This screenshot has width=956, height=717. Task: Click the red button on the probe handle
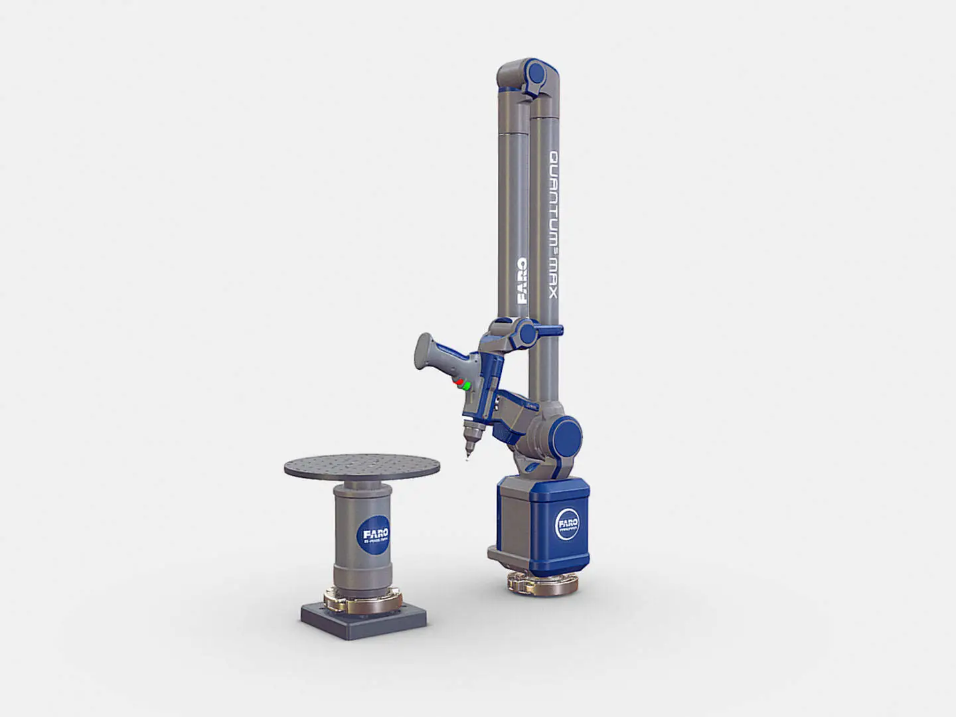pyautogui.click(x=457, y=383)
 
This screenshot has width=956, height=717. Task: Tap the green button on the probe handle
pyautogui.click(x=467, y=386)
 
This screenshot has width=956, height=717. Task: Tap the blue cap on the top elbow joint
pyautogui.click(x=534, y=78)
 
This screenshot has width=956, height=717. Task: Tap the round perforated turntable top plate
pyautogui.click(x=362, y=467)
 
